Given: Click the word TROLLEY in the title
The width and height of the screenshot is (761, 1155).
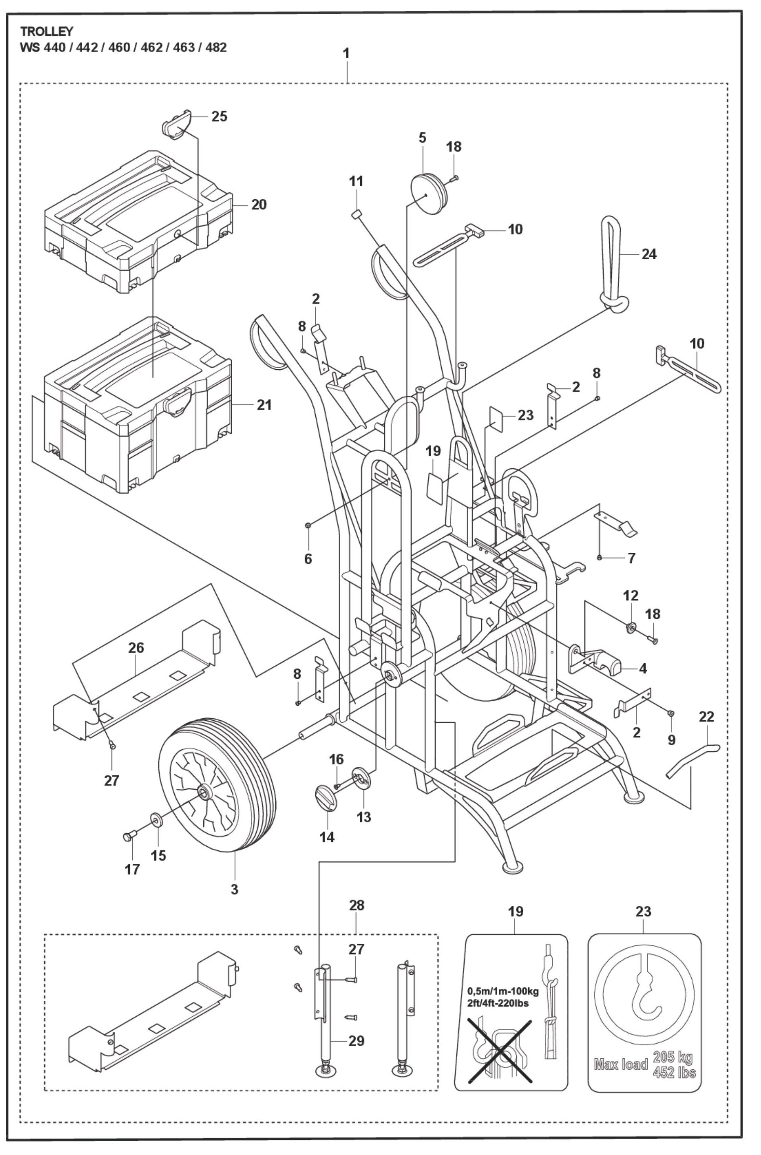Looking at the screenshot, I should (x=47, y=32).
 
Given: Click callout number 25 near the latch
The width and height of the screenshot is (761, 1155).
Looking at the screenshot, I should (x=219, y=116).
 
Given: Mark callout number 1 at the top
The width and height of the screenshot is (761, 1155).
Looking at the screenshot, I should (x=346, y=53).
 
